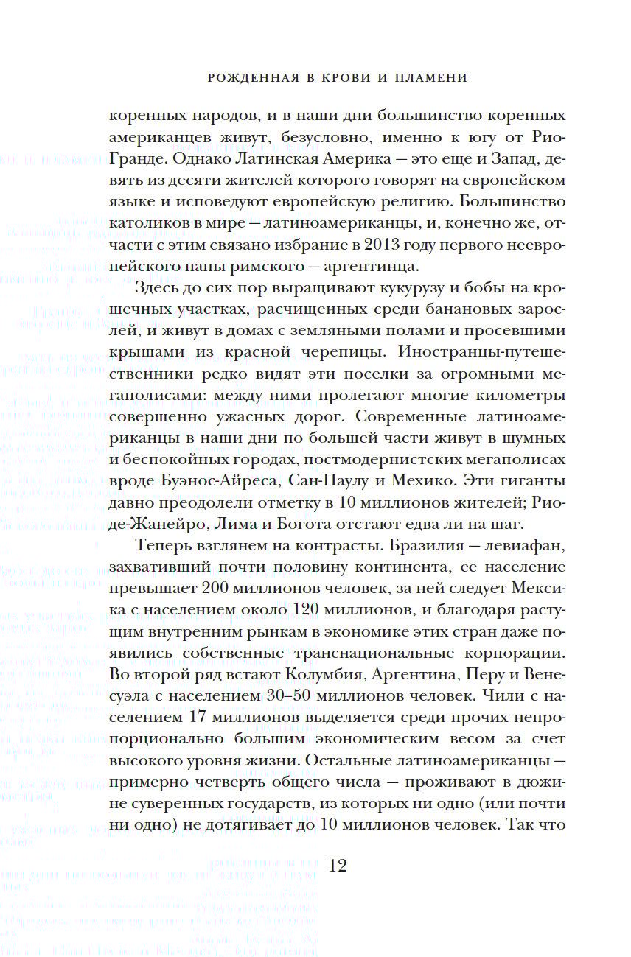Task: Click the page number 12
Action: (x=337, y=866)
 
